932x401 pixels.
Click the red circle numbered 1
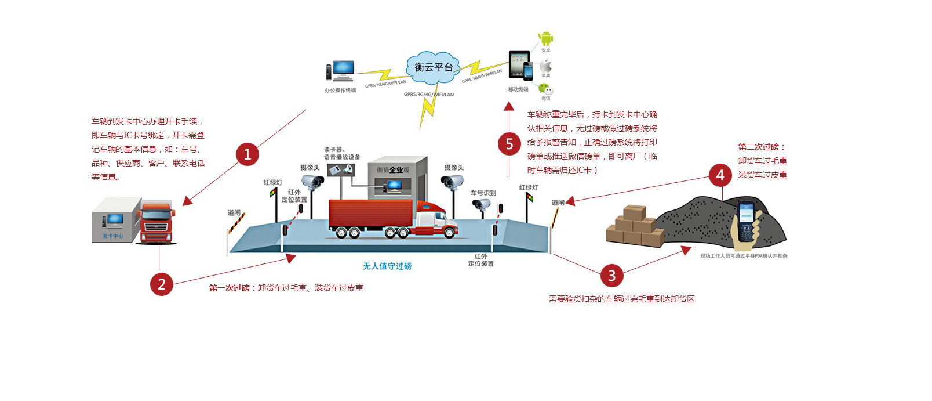[247, 154]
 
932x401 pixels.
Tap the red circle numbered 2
[162, 284]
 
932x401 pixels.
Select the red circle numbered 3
[611, 275]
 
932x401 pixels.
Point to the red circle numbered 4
[720, 175]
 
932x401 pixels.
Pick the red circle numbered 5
[509, 143]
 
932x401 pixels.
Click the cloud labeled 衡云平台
[434, 67]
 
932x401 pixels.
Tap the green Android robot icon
[545, 39]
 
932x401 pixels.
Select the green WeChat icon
[545, 89]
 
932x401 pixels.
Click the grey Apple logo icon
[545, 65]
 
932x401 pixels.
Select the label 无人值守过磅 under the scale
[387, 266]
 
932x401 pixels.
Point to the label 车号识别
[483, 193]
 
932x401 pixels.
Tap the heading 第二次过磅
[762, 147]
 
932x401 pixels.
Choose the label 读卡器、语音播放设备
[342, 153]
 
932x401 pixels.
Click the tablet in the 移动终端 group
[518, 63]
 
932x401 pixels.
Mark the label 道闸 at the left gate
[234, 213]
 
